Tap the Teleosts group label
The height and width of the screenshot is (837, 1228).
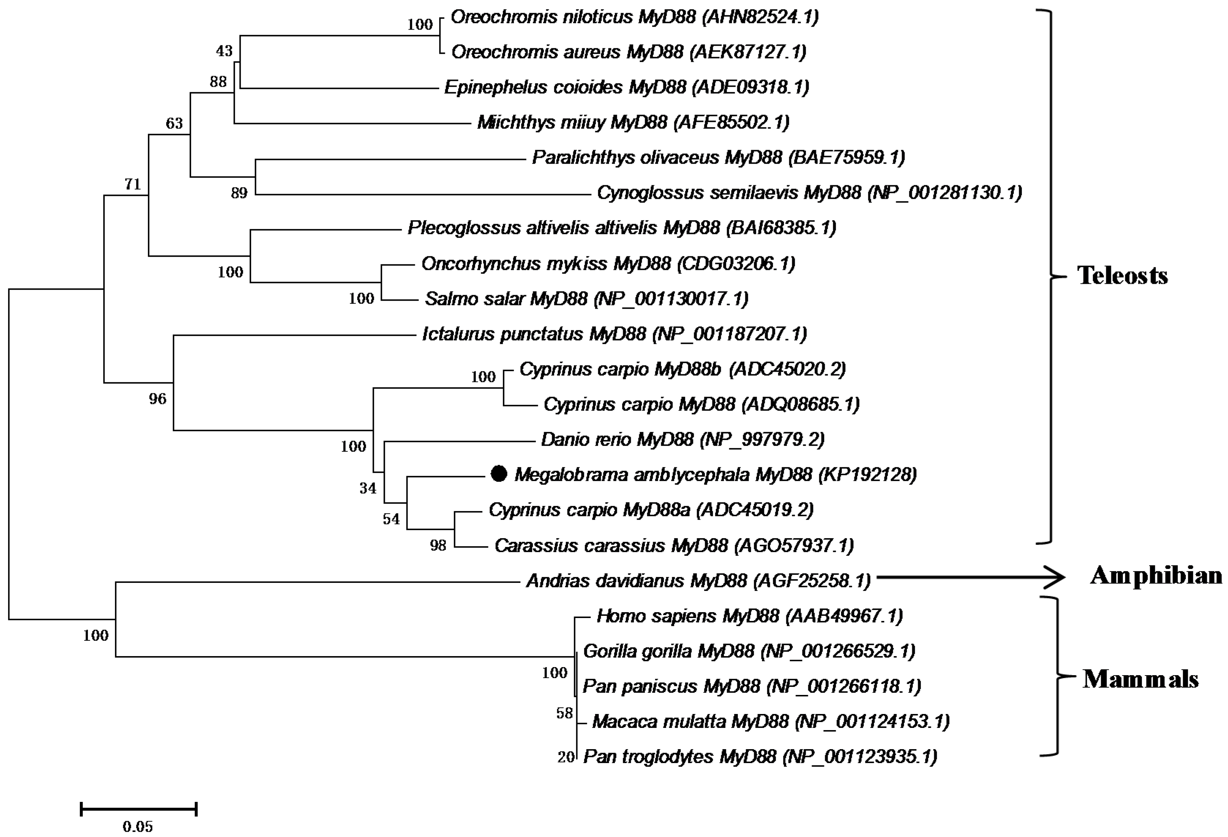pyautogui.click(x=1122, y=275)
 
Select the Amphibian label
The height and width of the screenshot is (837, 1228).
pyautogui.click(x=1156, y=575)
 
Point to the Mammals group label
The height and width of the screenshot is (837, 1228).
pyautogui.click(x=1140, y=679)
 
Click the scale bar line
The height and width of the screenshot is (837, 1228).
pyautogui.click(x=138, y=808)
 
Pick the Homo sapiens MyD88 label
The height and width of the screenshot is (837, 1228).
pyautogui.click(x=749, y=616)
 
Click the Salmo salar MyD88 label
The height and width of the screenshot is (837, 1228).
pyautogui.click(x=587, y=299)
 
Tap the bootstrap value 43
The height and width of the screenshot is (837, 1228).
pyautogui.click(x=224, y=51)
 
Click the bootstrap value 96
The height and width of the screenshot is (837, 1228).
pyautogui.click(x=157, y=399)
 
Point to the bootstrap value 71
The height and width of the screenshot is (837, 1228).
pyautogui.click(x=132, y=184)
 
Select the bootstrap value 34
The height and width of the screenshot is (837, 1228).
pyautogui.click(x=368, y=488)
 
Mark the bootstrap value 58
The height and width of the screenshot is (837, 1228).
pyautogui.click(x=564, y=713)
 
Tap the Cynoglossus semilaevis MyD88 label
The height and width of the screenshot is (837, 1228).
pyautogui.click(x=809, y=193)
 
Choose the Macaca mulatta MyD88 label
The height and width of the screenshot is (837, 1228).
pyautogui.click(x=770, y=721)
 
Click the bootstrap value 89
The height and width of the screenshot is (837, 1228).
pyautogui.click(x=239, y=193)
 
